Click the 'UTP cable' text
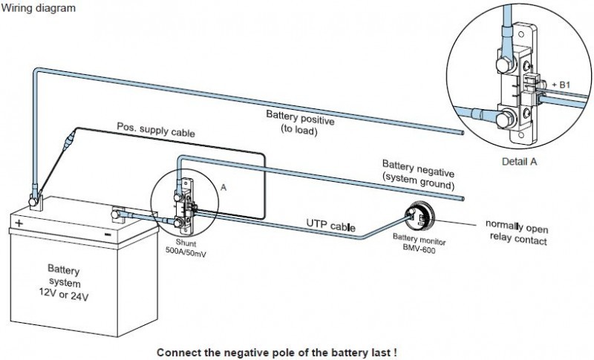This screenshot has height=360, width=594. pyautogui.click(x=330, y=224)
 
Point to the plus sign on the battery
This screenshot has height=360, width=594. pyautogui.click(x=19, y=222)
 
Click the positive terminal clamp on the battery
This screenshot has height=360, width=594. pyautogui.click(x=34, y=198)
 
